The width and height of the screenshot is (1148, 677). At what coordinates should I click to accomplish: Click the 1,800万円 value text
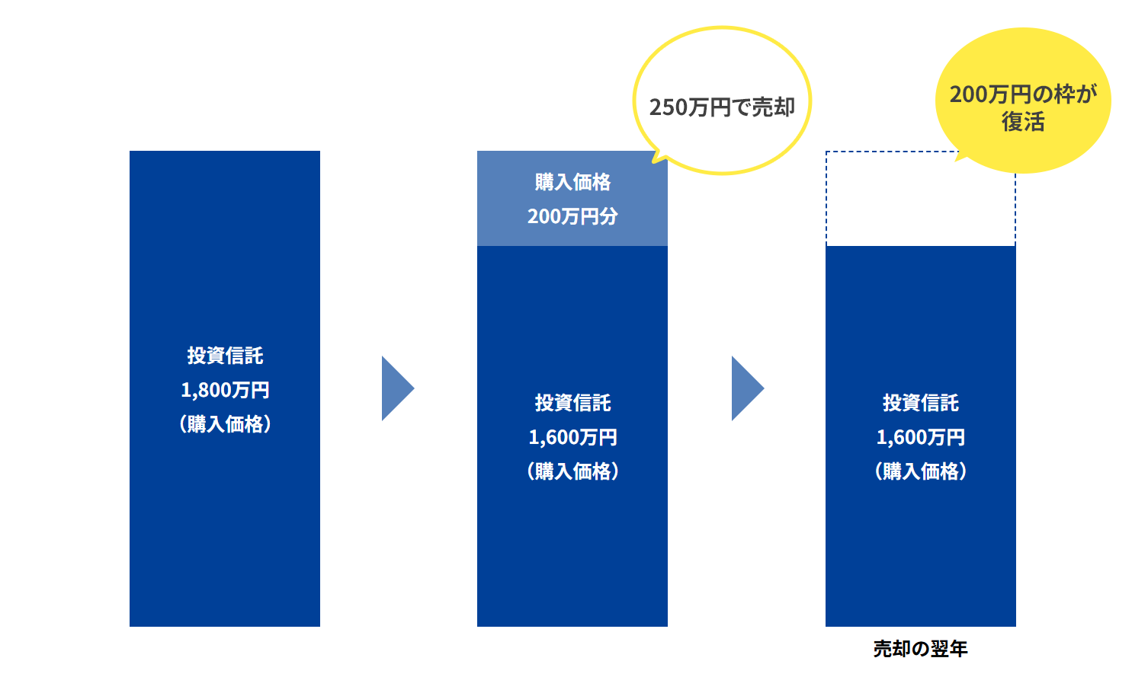[x=225, y=390]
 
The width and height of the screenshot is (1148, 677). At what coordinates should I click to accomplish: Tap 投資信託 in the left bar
[x=225, y=356]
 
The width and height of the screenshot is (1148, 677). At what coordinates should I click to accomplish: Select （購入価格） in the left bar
[x=225, y=424]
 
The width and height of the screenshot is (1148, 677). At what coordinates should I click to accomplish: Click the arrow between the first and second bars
[x=396, y=388]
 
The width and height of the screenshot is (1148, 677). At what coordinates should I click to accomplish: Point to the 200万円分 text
[x=572, y=216]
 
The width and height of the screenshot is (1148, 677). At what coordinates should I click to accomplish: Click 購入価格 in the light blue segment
[x=572, y=182]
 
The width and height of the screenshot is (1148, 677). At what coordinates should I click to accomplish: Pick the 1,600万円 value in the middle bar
[x=572, y=437]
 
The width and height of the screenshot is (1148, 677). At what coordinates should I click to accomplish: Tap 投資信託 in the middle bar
[x=572, y=403]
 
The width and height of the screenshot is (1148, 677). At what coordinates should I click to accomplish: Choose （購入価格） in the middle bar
[x=572, y=471]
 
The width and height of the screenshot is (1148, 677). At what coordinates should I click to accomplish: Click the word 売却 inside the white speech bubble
[x=774, y=107]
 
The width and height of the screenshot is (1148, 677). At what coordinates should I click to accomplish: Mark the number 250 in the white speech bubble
[x=669, y=107]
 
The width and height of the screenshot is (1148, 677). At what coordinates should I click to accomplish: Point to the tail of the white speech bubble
[x=658, y=158]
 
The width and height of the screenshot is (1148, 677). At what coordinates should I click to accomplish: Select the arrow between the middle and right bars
[x=746, y=388]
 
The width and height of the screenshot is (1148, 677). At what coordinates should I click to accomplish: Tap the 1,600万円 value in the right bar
[x=921, y=437]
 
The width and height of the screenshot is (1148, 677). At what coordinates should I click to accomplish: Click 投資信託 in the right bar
[x=921, y=403]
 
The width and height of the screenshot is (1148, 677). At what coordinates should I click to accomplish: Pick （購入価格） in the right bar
[x=921, y=471]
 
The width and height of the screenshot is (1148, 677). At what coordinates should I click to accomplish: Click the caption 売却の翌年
[x=920, y=649]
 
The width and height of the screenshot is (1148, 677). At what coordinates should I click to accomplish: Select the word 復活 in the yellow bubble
[x=1023, y=122]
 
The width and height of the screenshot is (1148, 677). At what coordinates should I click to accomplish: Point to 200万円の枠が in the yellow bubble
[x=1023, y=94]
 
